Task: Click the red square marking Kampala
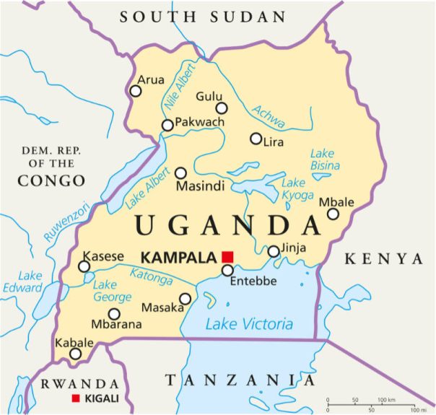pos(228,257)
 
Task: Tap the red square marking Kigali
pos(75,398)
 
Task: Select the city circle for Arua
pos(135,91)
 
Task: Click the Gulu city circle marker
pos(222,108)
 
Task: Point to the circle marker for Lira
pos(256,139)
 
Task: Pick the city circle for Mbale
pos(333,214)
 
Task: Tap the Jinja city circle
pos(274,251)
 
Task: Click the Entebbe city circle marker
pos(227,271)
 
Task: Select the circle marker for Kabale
pos(75,354)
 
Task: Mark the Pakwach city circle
pos(167,126)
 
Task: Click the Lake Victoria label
pos(249,324)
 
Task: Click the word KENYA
pos(383,258)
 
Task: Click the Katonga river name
pos(152,275)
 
